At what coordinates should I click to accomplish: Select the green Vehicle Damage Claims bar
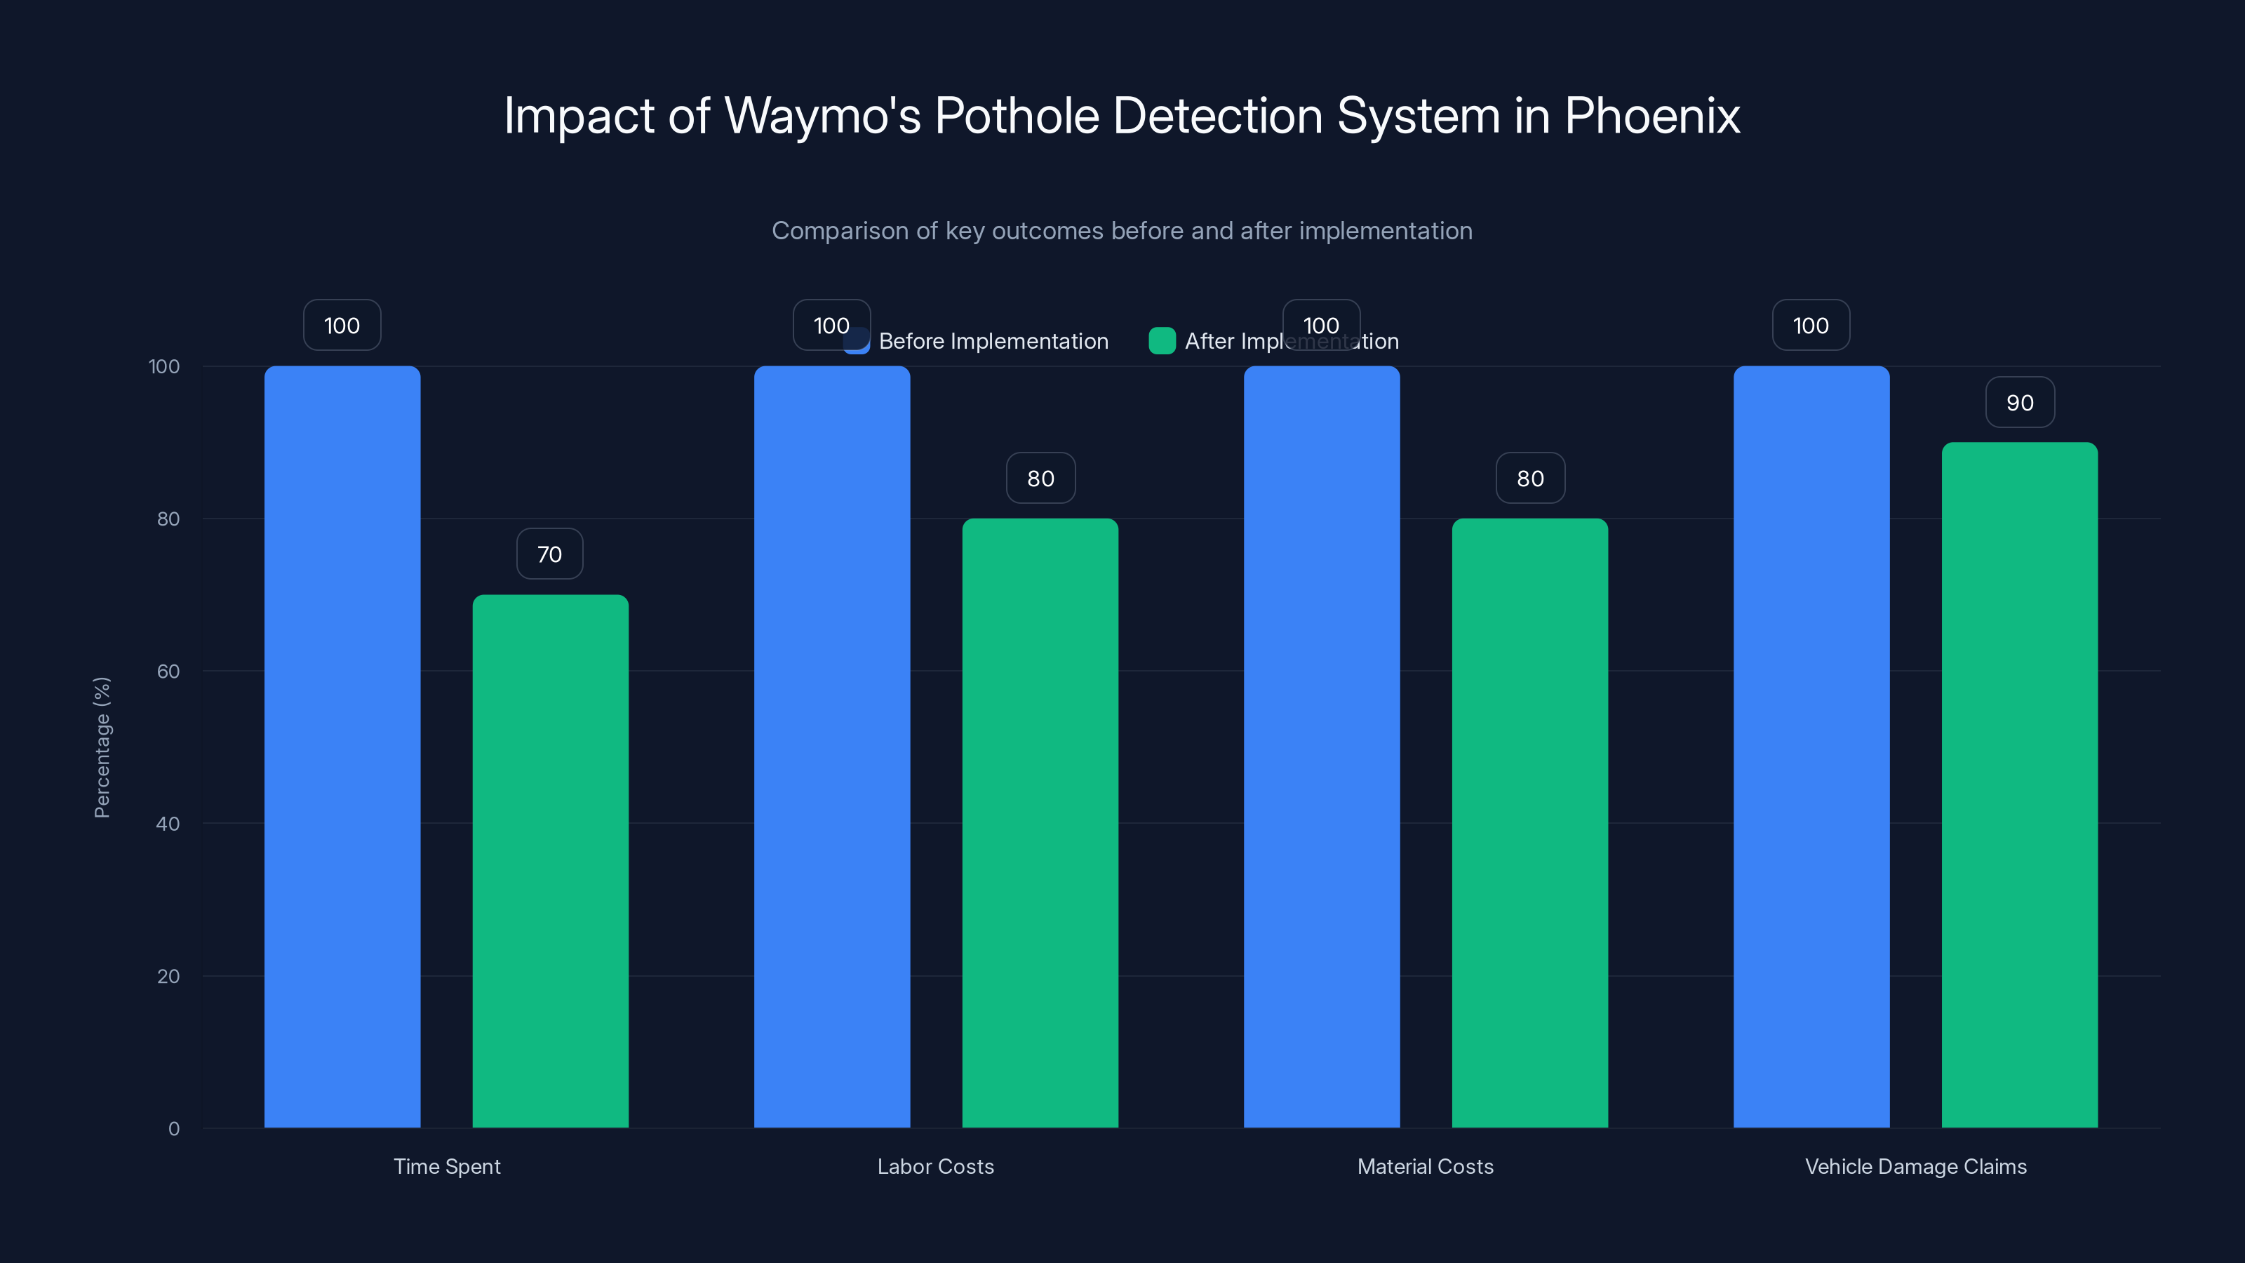click(x=2019, y=784)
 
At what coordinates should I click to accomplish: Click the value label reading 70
click(x=549, y=554)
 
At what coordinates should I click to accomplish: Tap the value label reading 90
click(x=2019, y=403)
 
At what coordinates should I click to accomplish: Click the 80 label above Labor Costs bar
click(x=1040, y=479)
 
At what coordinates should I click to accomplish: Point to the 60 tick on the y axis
click(x=168, y=671)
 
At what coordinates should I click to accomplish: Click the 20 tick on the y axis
click(x=168, y=976)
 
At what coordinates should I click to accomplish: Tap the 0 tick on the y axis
click(x=173, y=1129)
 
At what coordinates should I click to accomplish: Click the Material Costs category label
click(x=1425, y=1166)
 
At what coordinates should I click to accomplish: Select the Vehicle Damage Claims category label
click(x=1915, y=1166)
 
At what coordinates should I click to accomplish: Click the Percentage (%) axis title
click(x=102, y=747)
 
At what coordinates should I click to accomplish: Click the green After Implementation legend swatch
click(x=1162, y=341)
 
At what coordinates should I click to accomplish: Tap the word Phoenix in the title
click(x=1651, y=116)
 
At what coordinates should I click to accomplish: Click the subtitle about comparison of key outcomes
click(x=1122, y=231)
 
